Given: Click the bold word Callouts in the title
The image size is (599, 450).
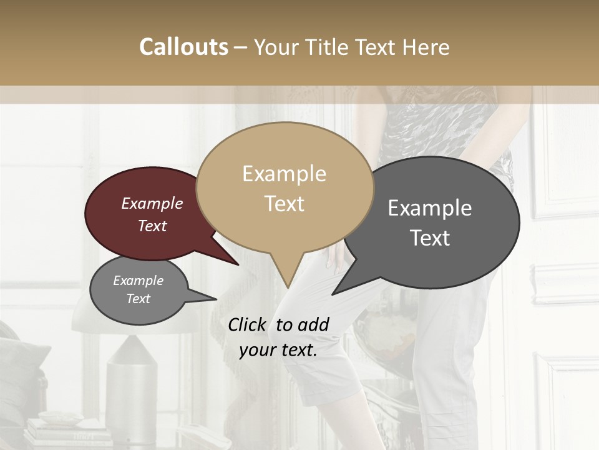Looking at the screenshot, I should [183, 47].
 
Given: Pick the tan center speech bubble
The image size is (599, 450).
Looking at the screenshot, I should [285, 187].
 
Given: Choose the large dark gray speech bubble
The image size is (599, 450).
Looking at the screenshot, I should [437, 222].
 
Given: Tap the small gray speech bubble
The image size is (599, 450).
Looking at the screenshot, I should [139, 290].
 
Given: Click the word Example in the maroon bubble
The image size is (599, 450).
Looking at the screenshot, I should [152, 204].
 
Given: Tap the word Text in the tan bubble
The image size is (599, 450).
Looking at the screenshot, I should [285, 204].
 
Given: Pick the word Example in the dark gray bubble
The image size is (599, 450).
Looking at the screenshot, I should [430, 208].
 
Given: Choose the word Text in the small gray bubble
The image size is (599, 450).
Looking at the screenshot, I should [139, 299].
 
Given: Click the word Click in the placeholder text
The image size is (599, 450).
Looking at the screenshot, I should [248, 324].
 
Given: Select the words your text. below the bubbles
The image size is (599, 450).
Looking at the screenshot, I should [278, 350].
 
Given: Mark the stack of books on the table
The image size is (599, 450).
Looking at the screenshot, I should [59, 434].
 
